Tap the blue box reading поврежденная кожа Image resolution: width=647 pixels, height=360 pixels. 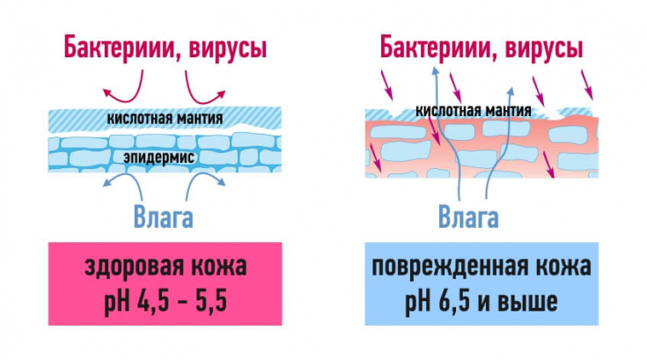tap(481, 282)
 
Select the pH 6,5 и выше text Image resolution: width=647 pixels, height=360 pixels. tap(481, 302)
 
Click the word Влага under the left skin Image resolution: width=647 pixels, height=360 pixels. tap(164, 214)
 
